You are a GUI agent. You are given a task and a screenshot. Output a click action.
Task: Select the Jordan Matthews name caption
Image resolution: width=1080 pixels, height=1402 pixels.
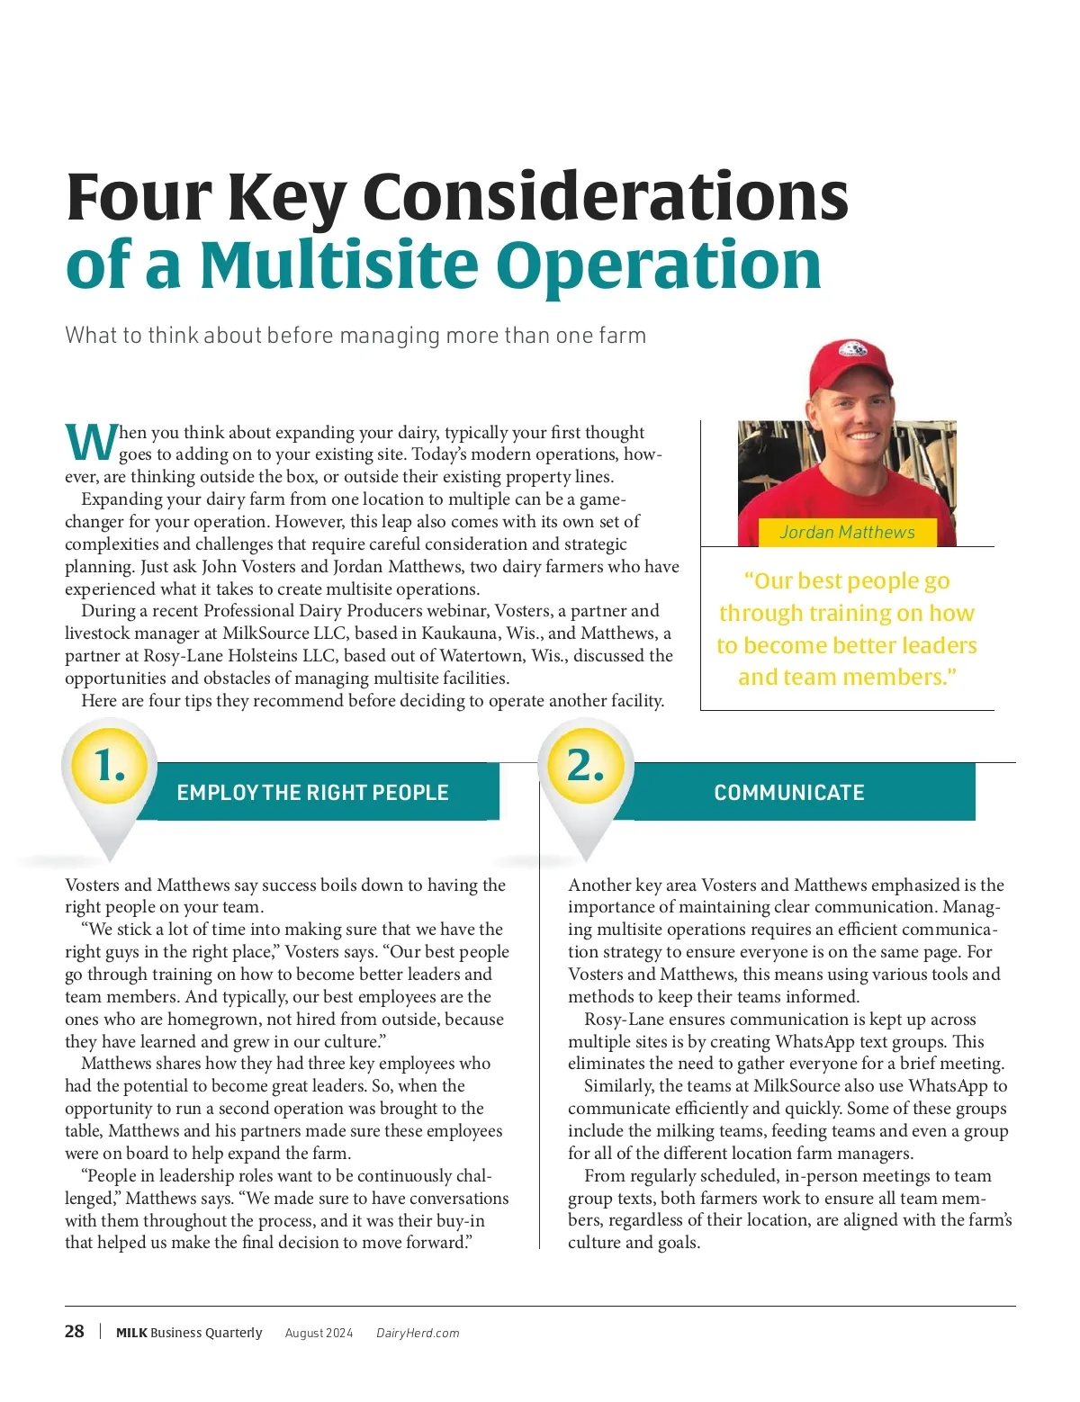[x=847, y=532]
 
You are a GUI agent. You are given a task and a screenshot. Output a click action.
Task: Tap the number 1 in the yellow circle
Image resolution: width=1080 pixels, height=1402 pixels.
[x=110, y=766]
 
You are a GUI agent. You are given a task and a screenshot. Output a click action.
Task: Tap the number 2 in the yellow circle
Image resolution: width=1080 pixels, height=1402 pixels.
[x=585, y=766]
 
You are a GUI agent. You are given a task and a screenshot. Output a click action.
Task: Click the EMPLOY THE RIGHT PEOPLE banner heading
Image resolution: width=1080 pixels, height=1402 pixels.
[x=312, y=793]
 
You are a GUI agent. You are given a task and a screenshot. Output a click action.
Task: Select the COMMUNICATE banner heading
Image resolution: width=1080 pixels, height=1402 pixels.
[x=789, y=793]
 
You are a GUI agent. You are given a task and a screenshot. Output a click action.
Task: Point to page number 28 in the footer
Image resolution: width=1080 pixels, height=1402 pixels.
[x=75, y=1332]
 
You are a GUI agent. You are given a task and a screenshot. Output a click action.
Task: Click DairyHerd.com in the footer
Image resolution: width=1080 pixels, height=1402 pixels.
[x=418, y=1333]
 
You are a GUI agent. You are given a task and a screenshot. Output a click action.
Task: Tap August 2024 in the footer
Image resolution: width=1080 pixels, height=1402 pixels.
[x=319, y=1333]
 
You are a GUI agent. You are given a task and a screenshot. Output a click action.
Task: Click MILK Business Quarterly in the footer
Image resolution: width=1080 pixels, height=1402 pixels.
[x=189, y=1333]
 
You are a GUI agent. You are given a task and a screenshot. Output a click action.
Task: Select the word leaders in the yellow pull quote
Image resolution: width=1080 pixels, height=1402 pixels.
[x=931, y=645]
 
